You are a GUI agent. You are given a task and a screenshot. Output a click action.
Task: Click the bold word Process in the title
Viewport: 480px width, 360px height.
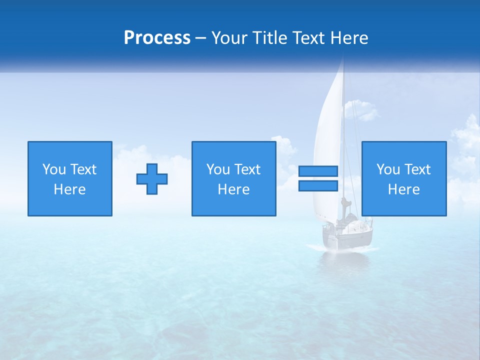157,38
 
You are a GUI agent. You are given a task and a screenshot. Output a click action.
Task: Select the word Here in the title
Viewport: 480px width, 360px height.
349,38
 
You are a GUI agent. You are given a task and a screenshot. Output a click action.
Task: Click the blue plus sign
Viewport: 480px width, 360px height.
152,179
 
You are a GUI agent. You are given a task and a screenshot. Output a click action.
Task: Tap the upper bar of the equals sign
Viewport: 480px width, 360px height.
318,171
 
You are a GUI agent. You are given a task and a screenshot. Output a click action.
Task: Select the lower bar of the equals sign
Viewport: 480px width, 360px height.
318,186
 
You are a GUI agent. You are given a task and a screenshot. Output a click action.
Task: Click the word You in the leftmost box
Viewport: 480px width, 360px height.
54,169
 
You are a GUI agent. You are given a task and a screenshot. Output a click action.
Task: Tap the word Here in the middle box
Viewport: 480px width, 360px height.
234,189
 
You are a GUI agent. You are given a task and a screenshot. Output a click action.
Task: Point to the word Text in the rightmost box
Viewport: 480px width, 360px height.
417,169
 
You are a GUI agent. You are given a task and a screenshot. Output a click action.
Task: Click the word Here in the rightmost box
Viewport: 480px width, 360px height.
404,189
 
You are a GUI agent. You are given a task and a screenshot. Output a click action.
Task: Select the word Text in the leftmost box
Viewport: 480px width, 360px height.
83,169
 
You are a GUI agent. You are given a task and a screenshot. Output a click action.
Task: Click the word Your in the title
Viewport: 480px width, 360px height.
227,38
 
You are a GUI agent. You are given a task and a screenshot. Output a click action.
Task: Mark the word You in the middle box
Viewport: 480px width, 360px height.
218,169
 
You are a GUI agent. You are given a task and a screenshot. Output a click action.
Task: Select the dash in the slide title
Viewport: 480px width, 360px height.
201,38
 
